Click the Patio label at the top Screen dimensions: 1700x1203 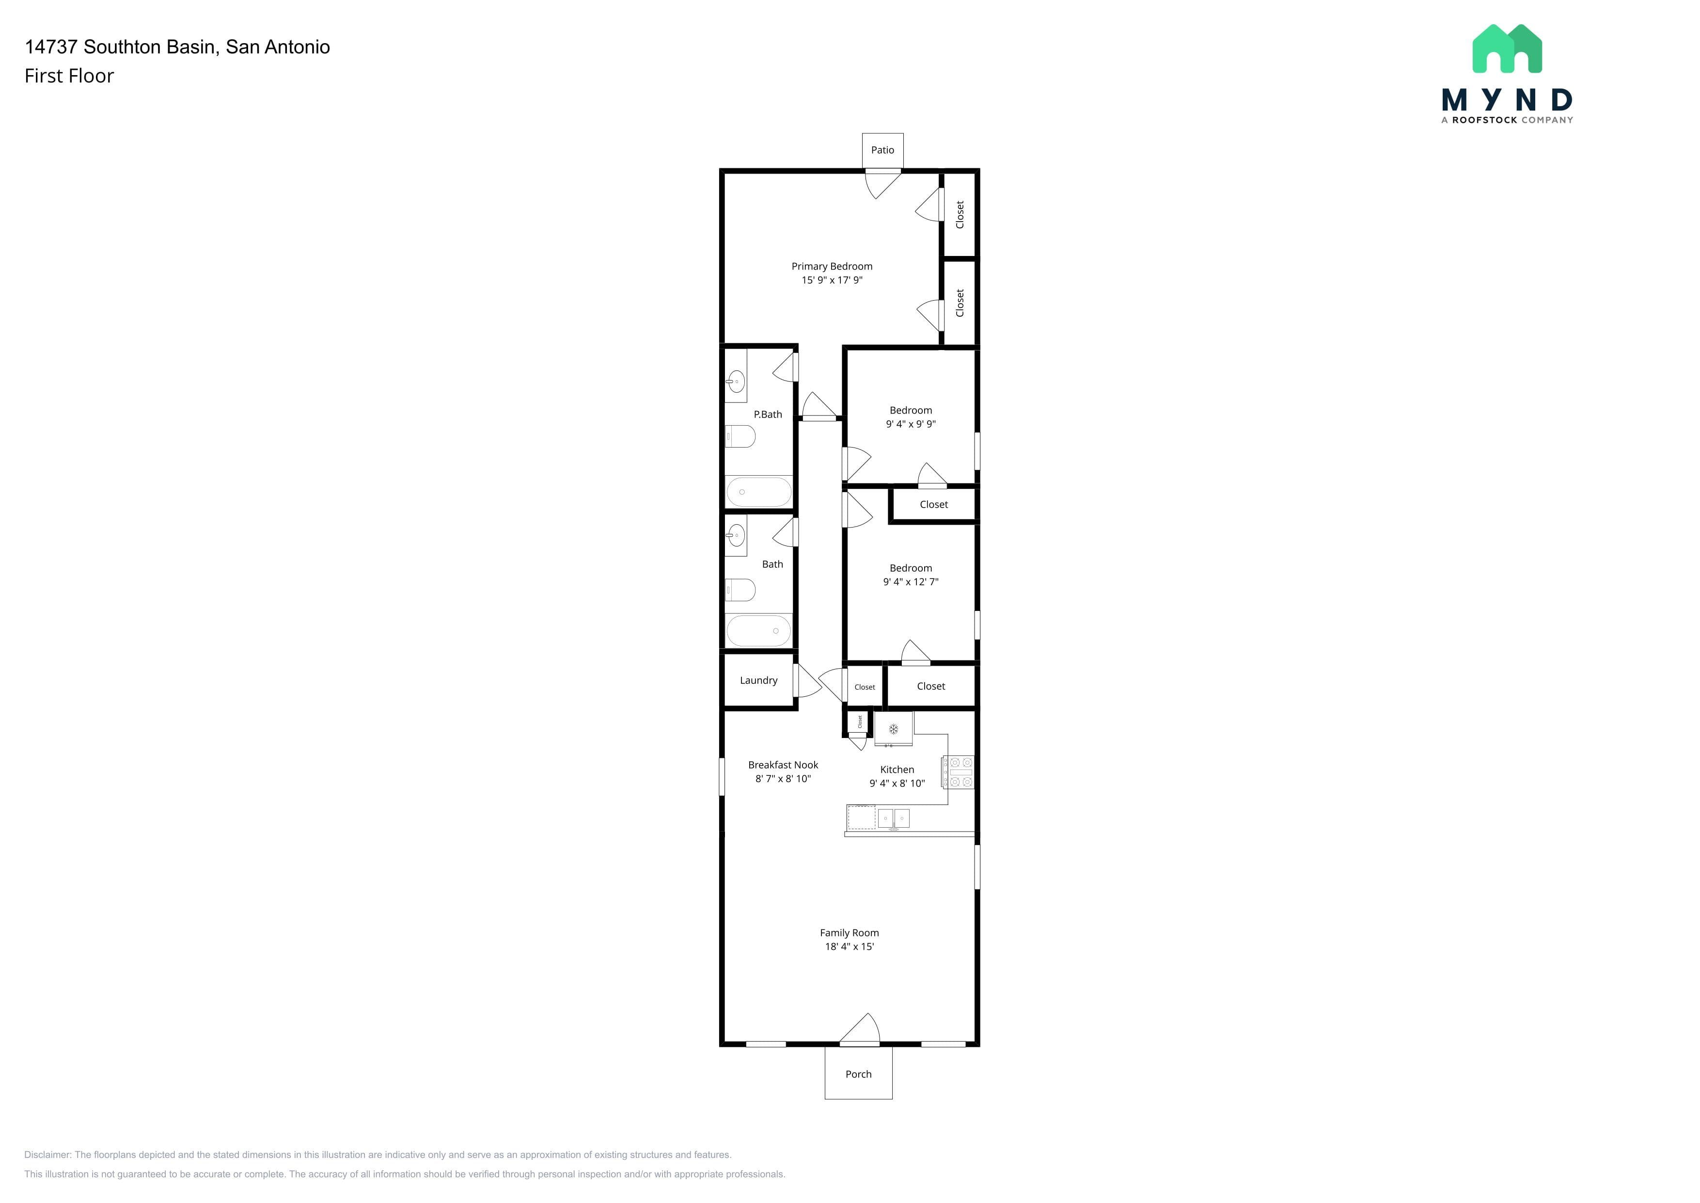click(x=882, y=150)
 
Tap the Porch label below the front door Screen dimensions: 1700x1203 click(x=858, y=1074)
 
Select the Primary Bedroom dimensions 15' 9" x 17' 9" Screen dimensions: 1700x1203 click(x=832, y=280)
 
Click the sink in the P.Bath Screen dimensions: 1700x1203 click(x=735, y=382)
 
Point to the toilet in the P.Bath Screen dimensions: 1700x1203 click(x=740, y=436)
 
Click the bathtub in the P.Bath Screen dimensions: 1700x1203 click(x=759, y=492)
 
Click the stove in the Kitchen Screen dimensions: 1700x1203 click(x=958, y=772)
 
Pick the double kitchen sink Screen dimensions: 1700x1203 click(x=893, y=818)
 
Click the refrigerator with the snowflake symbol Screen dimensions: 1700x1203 click(x=894, y=729)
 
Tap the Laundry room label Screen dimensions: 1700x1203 click(x=758, y=680)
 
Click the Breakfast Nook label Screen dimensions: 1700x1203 click(x=783, y=765)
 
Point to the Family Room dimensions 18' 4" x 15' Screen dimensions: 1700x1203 click(x=849, y=946)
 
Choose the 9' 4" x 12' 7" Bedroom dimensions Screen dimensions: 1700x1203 click(x=910, y=581)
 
